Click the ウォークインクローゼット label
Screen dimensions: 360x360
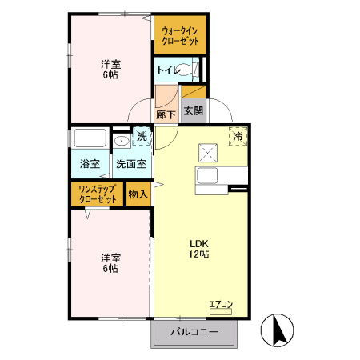180,36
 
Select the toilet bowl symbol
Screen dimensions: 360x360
186,70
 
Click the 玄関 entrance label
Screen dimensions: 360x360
194,110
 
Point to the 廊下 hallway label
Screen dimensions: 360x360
166,115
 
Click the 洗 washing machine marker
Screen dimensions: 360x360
142,137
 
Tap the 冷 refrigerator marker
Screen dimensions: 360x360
238,136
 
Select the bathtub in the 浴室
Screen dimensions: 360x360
90,138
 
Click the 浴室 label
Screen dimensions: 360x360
90,164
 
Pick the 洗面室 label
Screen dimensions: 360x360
131,164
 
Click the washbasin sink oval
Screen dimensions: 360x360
122,140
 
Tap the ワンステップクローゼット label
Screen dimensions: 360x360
98,194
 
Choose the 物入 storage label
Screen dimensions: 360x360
138,194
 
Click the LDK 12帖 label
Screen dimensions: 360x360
199,249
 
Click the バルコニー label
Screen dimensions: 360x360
194,332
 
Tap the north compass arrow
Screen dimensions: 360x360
279,330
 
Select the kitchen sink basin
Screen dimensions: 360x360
207,175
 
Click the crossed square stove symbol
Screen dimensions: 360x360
208,153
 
